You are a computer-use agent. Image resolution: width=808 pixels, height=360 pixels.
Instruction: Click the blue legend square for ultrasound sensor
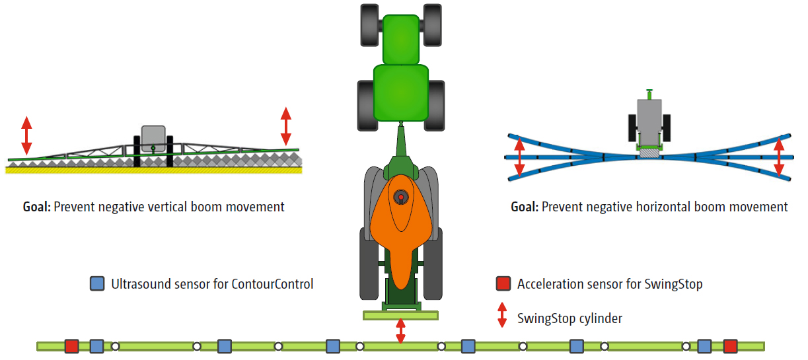point(97,284)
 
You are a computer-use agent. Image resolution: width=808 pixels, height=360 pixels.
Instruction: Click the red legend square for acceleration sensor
point(503,284)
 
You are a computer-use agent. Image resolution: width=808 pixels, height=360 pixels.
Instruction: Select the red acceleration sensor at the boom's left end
point(72,345)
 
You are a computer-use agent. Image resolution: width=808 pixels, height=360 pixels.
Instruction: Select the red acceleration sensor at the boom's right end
point(730,345)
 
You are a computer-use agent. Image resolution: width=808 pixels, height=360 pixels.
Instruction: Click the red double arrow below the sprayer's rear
point(400,331)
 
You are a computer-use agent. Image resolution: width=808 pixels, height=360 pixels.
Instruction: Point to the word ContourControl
point(272,284)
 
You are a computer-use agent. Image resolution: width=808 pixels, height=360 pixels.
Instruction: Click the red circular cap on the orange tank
point(400,197)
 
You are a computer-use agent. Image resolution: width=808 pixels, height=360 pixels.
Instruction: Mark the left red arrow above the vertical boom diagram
point(26,135)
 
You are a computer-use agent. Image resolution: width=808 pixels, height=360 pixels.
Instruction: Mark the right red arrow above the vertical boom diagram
point(286,126)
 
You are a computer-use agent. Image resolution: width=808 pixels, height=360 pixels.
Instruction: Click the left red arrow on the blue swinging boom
point(520,156)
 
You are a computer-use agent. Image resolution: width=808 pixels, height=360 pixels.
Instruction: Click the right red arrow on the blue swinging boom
point(780,156)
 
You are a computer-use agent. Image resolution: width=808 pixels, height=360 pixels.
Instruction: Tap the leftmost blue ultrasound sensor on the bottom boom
point(97,345)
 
